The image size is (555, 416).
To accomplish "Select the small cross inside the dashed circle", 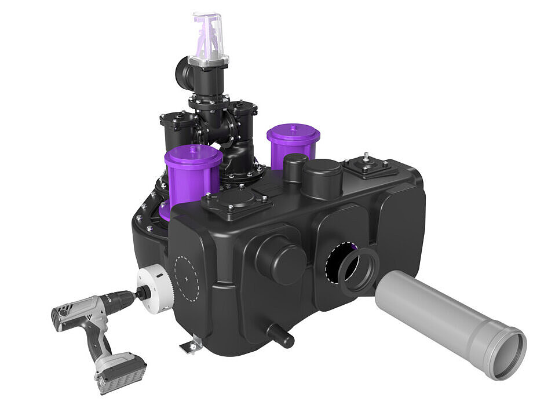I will [187, 278].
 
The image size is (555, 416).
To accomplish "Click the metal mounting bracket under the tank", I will [191, 346].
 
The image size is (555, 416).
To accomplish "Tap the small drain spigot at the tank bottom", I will [280, 335].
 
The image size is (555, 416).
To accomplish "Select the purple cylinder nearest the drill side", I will [193, 173].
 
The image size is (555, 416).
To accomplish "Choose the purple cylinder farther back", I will [293, 144].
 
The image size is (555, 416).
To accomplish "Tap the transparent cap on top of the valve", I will [208, 38].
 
